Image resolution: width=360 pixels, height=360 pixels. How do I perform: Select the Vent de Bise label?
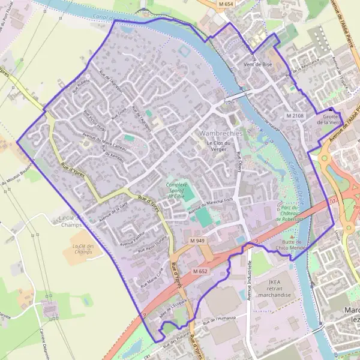[x=257, y=64]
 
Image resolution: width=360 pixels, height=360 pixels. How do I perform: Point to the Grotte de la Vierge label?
[x=331, y=119]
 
